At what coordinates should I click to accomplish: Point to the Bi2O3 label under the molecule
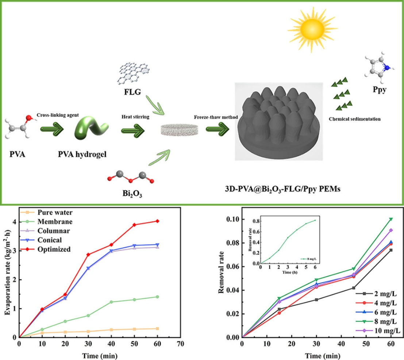pyautogui.click(x=131, y=194)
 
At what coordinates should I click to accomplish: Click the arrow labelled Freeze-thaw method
pyautogui.click(x=218, y=130)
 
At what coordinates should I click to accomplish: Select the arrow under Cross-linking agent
pyautogui.click(x=52, y=130)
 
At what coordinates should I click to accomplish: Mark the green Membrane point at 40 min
pyautogui.click(x=111, y=302)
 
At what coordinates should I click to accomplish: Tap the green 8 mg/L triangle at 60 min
pyautogui.click(x=391, y=219)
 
